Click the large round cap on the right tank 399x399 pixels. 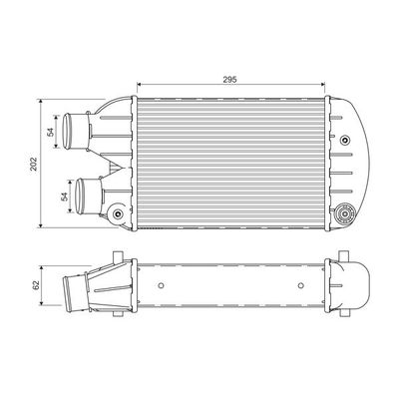click(x=348, y=212)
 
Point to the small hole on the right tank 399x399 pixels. click(x=345, y=139)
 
